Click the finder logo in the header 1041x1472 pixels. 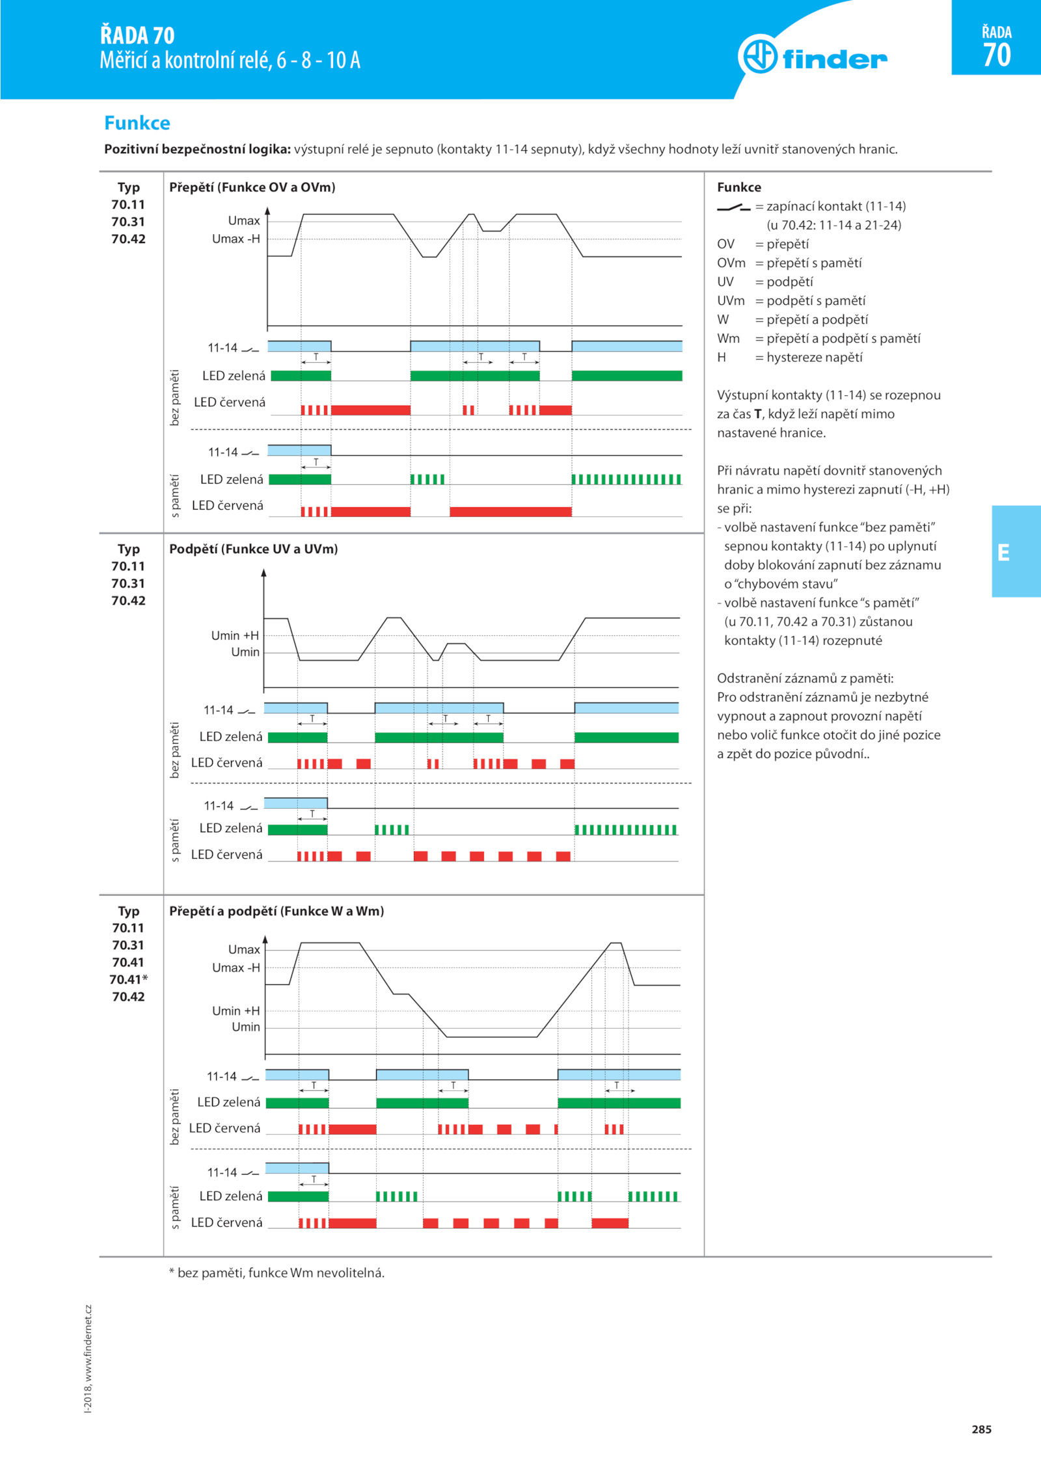pos(813,57)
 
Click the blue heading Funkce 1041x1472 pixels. pos(137,123)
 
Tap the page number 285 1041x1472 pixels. pos(981,1429)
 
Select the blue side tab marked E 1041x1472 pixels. pos(1016,551)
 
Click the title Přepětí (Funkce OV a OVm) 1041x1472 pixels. pos(252,187)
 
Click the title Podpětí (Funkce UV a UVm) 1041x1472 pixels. pos(254,549)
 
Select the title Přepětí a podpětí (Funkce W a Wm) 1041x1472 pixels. pos(277,911)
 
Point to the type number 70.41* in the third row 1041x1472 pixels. pos(129,979)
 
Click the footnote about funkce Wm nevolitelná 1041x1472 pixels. pos(277,1272)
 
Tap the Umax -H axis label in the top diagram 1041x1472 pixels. pos(236,239)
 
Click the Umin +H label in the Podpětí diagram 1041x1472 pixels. pos(235,635)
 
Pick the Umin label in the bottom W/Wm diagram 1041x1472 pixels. pos(246,1027)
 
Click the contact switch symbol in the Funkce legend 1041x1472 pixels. pos(734,207)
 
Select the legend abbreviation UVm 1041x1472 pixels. pos(731,300)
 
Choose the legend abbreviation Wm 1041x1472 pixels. pos(729,338)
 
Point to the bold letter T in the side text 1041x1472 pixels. pos(758,414)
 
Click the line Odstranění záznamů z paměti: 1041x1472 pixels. pos(805,678)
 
